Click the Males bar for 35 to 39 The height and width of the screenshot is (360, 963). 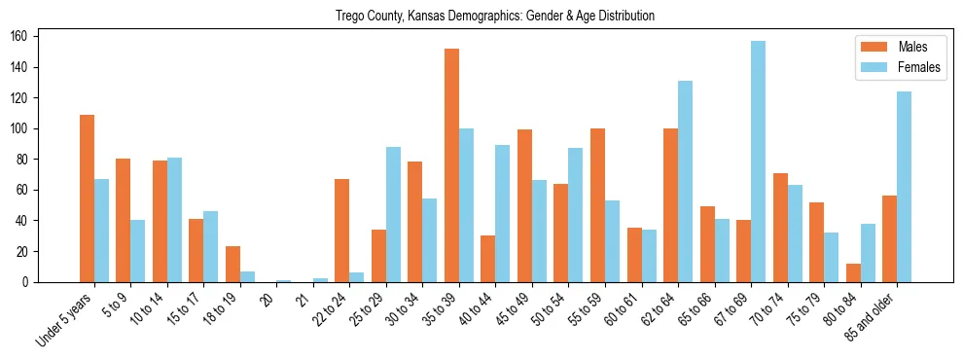[x=451, y=165]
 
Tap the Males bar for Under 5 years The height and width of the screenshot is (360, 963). [x=87, y=198]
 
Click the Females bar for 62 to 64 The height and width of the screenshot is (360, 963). [x=685, y=181]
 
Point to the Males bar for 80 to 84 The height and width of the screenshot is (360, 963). [x=853, y=272]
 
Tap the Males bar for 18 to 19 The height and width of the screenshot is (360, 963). [x=232, y=264]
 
